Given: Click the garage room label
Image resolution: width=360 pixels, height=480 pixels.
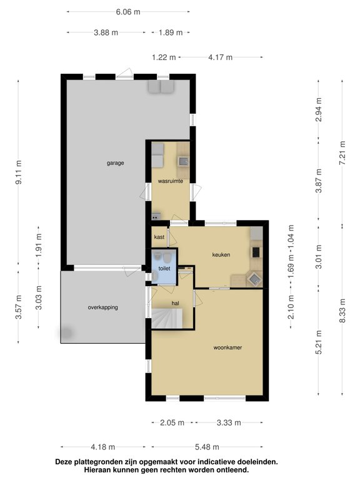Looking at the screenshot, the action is pos(116,163).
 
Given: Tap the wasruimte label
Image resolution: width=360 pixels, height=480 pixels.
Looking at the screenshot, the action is pos(171,181).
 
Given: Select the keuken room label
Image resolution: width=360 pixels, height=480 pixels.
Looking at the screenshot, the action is pos(221,255).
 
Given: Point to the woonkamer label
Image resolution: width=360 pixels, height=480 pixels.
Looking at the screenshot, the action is pos(227,347).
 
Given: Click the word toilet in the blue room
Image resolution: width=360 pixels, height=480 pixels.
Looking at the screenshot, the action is pos(164,269).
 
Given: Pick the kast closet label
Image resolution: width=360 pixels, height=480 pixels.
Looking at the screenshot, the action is pos(159,237).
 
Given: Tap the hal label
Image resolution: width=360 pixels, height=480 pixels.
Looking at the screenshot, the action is pos(176,303).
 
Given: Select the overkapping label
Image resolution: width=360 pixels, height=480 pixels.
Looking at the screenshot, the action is pos(103,307).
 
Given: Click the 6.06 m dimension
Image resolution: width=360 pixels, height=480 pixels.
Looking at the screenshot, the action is pos(128,12).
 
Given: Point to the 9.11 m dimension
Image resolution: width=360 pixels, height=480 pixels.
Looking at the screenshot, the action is pos(18,172).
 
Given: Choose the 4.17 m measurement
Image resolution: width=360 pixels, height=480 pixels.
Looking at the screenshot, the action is pos(221,57).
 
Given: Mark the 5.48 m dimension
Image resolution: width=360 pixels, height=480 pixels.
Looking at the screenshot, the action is pos(207,447).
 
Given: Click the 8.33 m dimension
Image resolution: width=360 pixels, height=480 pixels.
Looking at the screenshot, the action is pos(342,311).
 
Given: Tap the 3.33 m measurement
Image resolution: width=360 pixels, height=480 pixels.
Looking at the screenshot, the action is pos(229,422).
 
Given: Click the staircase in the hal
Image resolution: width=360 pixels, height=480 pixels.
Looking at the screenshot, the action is pos(167,318).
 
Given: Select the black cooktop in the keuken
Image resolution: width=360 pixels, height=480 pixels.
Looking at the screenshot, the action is pos(256,252).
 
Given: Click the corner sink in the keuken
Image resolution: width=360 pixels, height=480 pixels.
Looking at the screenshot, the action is pos(254,279).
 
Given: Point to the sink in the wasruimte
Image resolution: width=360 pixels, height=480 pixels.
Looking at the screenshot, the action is pos(182,161).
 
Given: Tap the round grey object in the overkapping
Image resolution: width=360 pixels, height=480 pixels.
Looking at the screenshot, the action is pos(66,332).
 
